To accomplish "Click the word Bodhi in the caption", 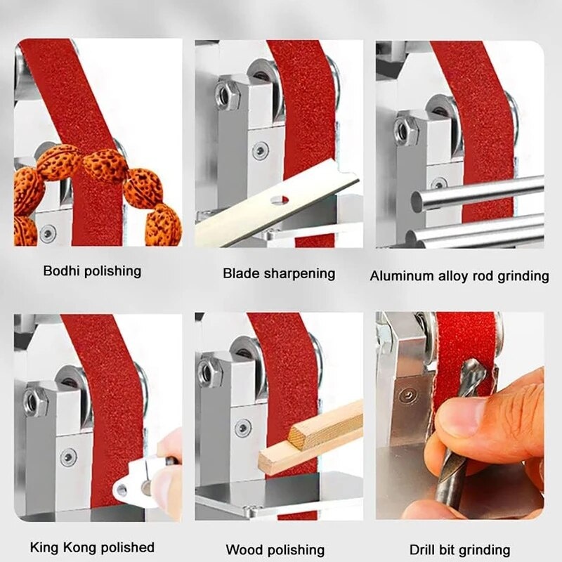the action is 60,271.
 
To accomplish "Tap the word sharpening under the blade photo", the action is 299,274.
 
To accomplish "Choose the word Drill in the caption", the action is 422,549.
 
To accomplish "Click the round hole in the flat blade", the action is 280,200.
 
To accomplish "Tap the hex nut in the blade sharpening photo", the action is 227,95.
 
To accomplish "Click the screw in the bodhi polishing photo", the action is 48,233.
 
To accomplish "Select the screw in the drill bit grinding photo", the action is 407,396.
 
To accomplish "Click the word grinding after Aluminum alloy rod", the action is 523,276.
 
